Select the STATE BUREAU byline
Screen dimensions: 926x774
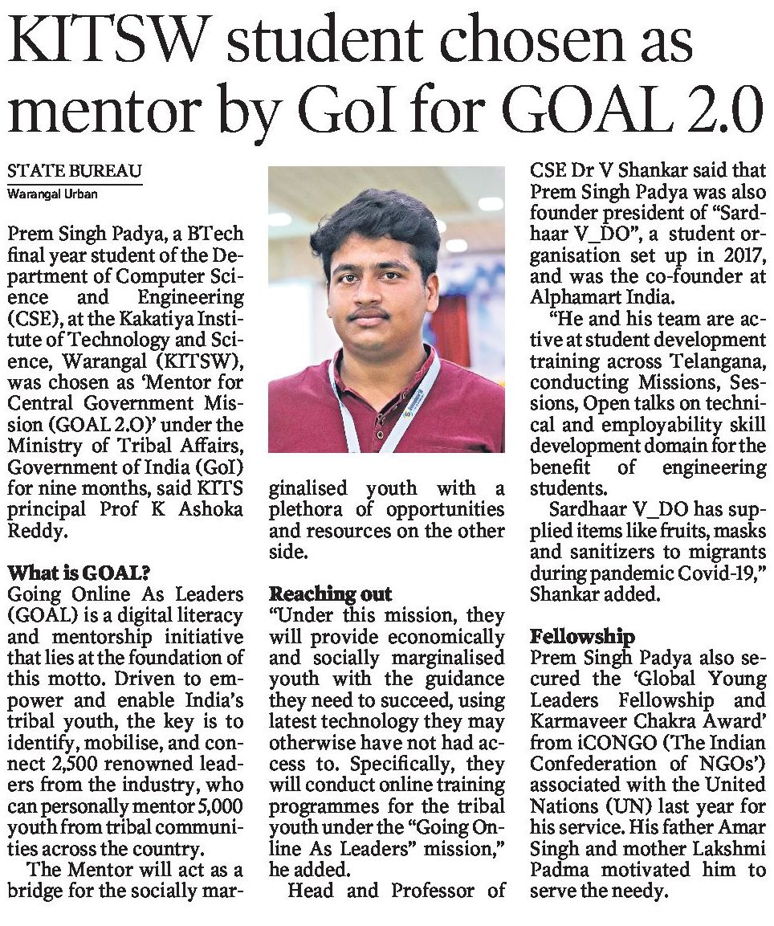click(x=74, y=171)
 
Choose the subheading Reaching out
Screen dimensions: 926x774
click(x=330, y=594)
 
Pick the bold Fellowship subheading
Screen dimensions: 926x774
click(x=582, y=637)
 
